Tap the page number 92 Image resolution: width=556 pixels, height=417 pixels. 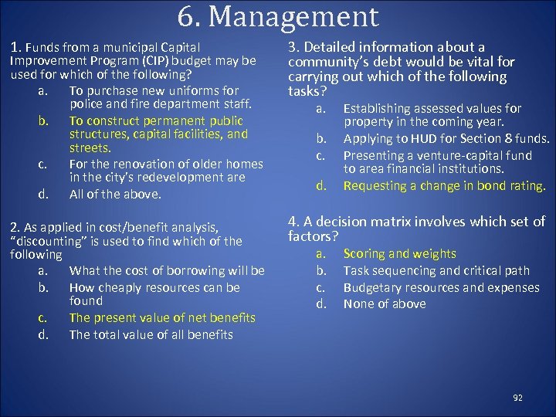click(517, 398)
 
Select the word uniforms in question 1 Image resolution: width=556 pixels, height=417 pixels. click(192, 90)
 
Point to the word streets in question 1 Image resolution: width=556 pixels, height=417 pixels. click(90, 147)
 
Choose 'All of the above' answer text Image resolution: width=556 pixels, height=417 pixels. click(115, 195)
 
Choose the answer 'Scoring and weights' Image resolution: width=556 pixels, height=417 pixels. click(399, 254)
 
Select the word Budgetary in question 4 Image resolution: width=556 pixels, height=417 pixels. click(375, 287)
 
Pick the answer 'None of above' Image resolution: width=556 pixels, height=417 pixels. click(384, 304)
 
